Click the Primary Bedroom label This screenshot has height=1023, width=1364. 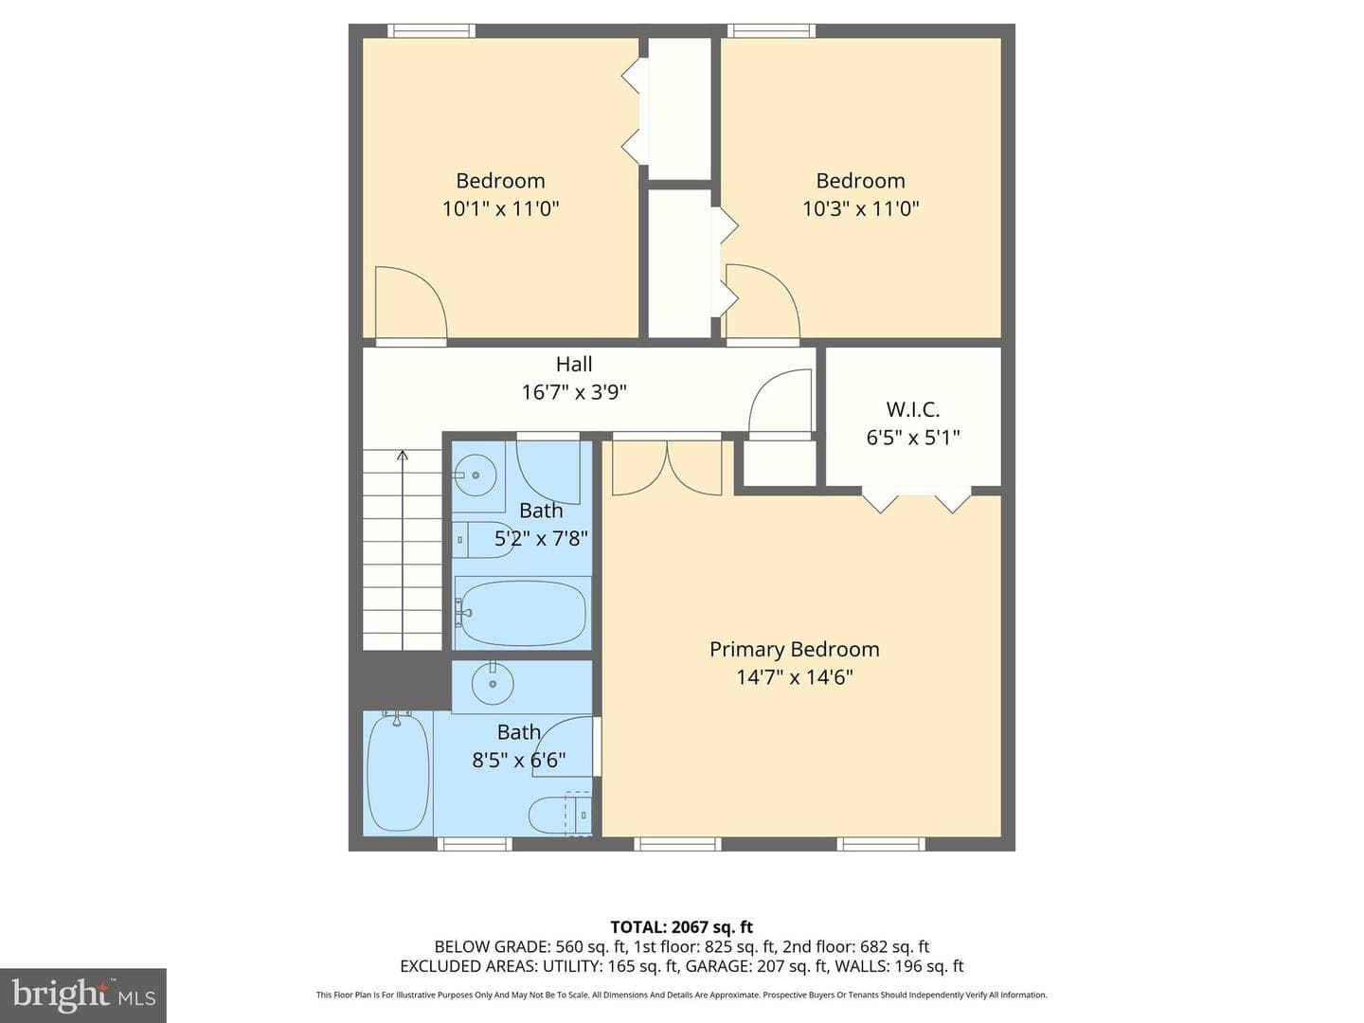coord(794,650)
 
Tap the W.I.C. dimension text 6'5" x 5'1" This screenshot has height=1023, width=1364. coord(913,438)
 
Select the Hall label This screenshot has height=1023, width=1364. coord(574,364)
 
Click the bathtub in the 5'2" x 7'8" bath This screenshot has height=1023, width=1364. coord(521,613)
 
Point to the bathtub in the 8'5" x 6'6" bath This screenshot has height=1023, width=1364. coord(398,773)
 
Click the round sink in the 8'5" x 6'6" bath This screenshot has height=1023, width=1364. coord(493,684)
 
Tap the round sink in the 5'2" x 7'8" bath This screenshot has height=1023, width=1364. coord(476,476)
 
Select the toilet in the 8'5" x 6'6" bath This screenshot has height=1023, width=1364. coord(560,814)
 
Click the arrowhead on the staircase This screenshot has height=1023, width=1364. coord(403,456)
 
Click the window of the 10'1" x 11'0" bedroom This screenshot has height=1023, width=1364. coord(431,30)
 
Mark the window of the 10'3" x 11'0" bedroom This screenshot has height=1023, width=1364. coord(771,30)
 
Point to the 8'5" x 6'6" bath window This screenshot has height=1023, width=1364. coord(475,844)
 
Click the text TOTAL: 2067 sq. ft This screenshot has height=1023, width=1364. coord(682,927)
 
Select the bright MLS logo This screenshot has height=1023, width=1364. coord(83,996)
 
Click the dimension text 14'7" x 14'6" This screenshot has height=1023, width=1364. coord(794,677)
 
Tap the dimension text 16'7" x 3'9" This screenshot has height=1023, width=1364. coord(574,392)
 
